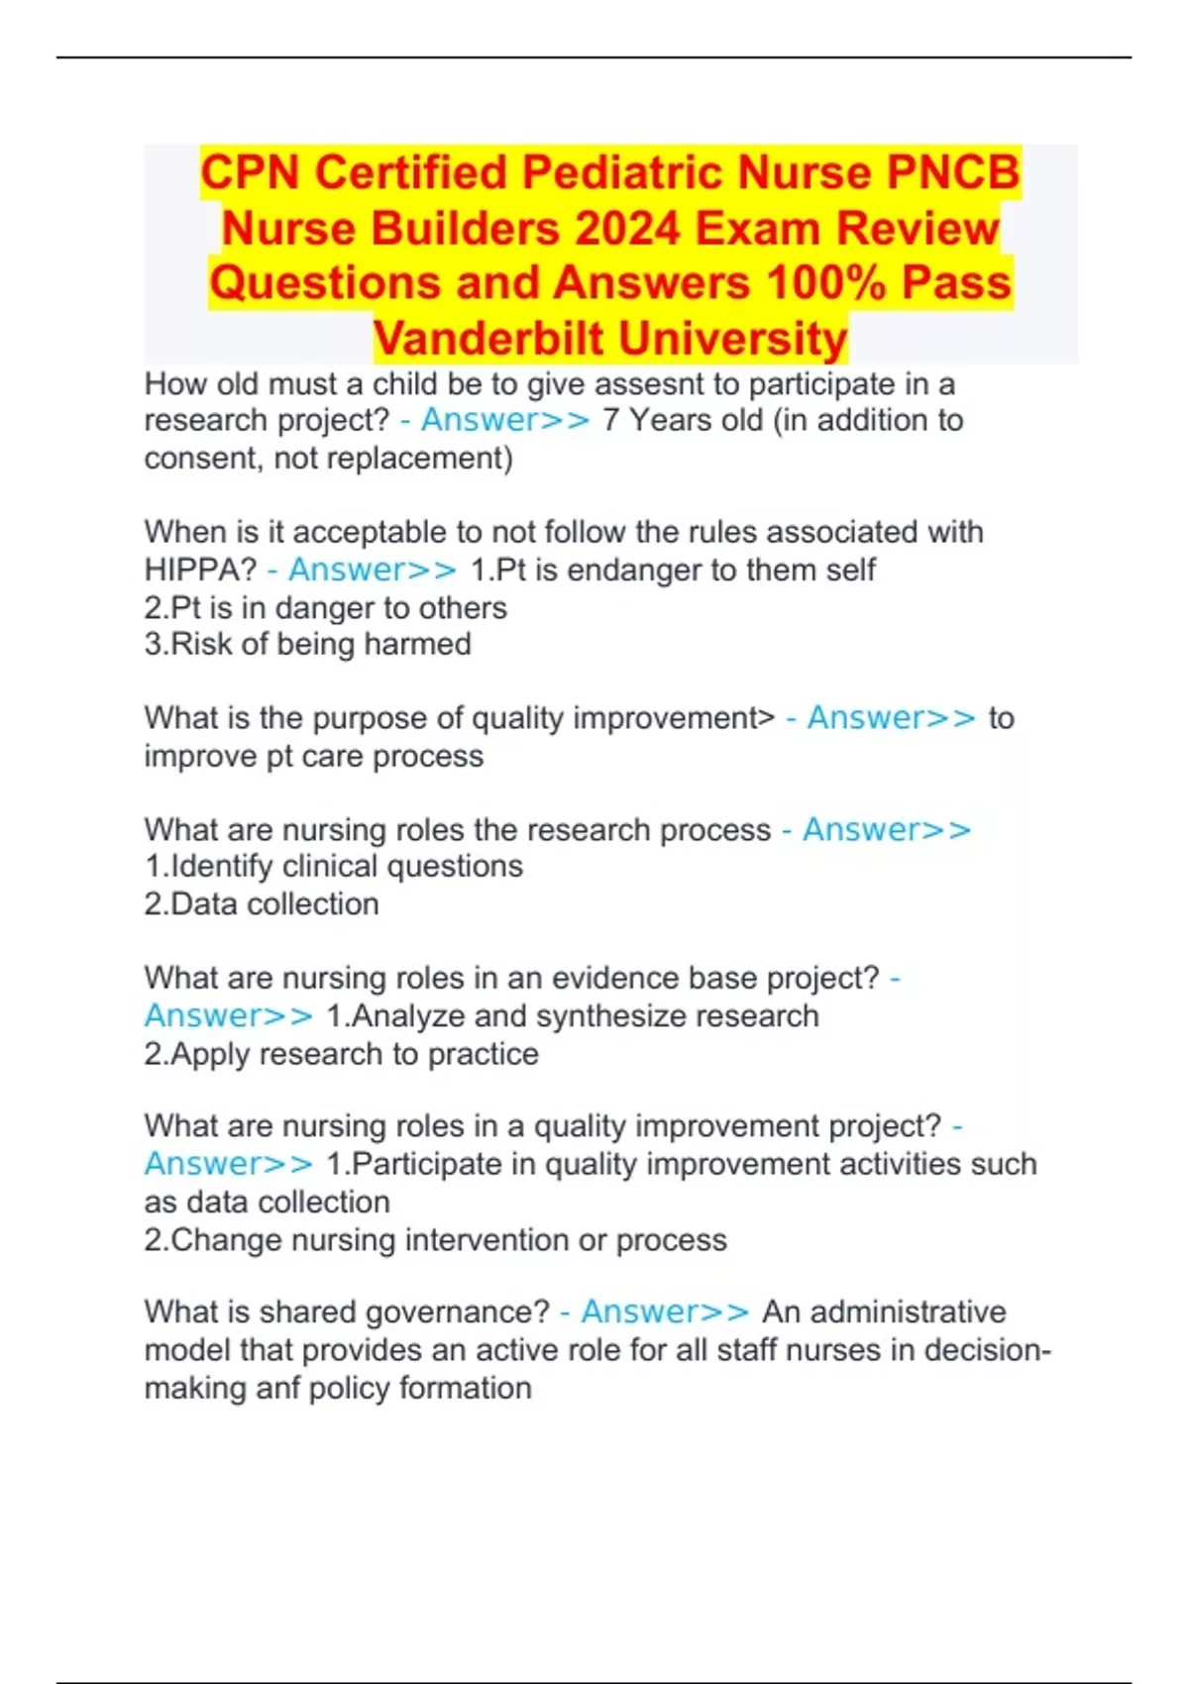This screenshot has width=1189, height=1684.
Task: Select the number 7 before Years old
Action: coord(611,421)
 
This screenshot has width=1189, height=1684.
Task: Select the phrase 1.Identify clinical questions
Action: coord(334,867)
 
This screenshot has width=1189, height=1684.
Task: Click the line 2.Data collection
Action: coord(262,904)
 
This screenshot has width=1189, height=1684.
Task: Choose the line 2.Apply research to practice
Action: coord(341,1054)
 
